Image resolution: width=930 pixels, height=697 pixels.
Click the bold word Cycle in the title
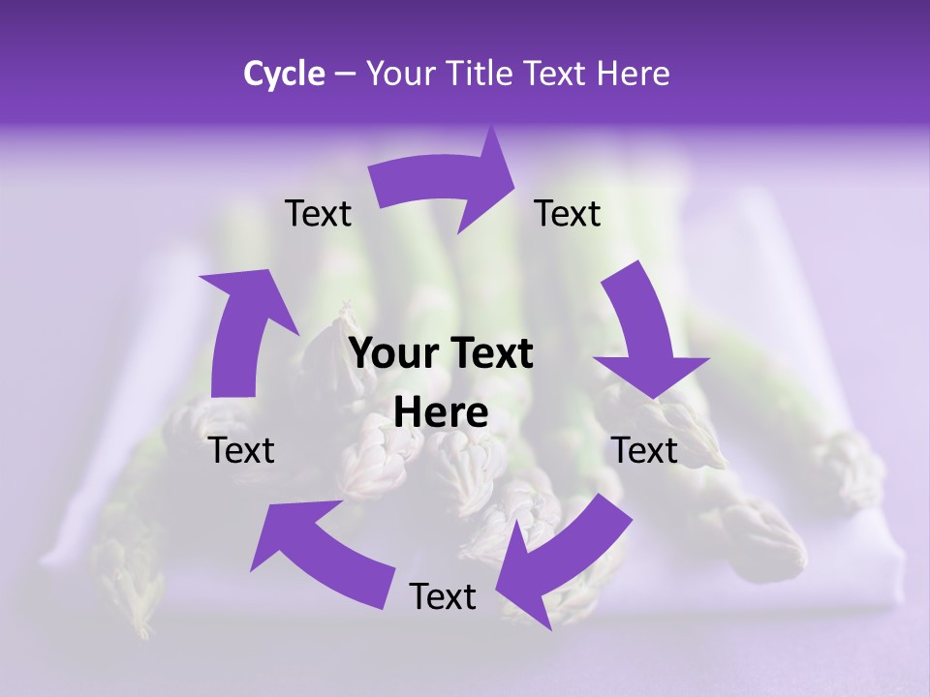(x=284, y=74)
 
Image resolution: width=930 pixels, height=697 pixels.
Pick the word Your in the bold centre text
(x=391, y=354)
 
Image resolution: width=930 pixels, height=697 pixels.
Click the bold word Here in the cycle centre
(x=441, y=413)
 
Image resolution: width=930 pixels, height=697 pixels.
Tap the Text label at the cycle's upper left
(x=318, y=214)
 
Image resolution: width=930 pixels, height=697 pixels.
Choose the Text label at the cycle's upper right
(x=568, y=214)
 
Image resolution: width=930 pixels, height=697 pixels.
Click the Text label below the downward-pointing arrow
(x=644, y=450)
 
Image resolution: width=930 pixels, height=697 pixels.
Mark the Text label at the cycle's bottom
(x=443, y=596)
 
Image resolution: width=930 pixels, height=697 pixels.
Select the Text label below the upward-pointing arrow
(x=242, y=450)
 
